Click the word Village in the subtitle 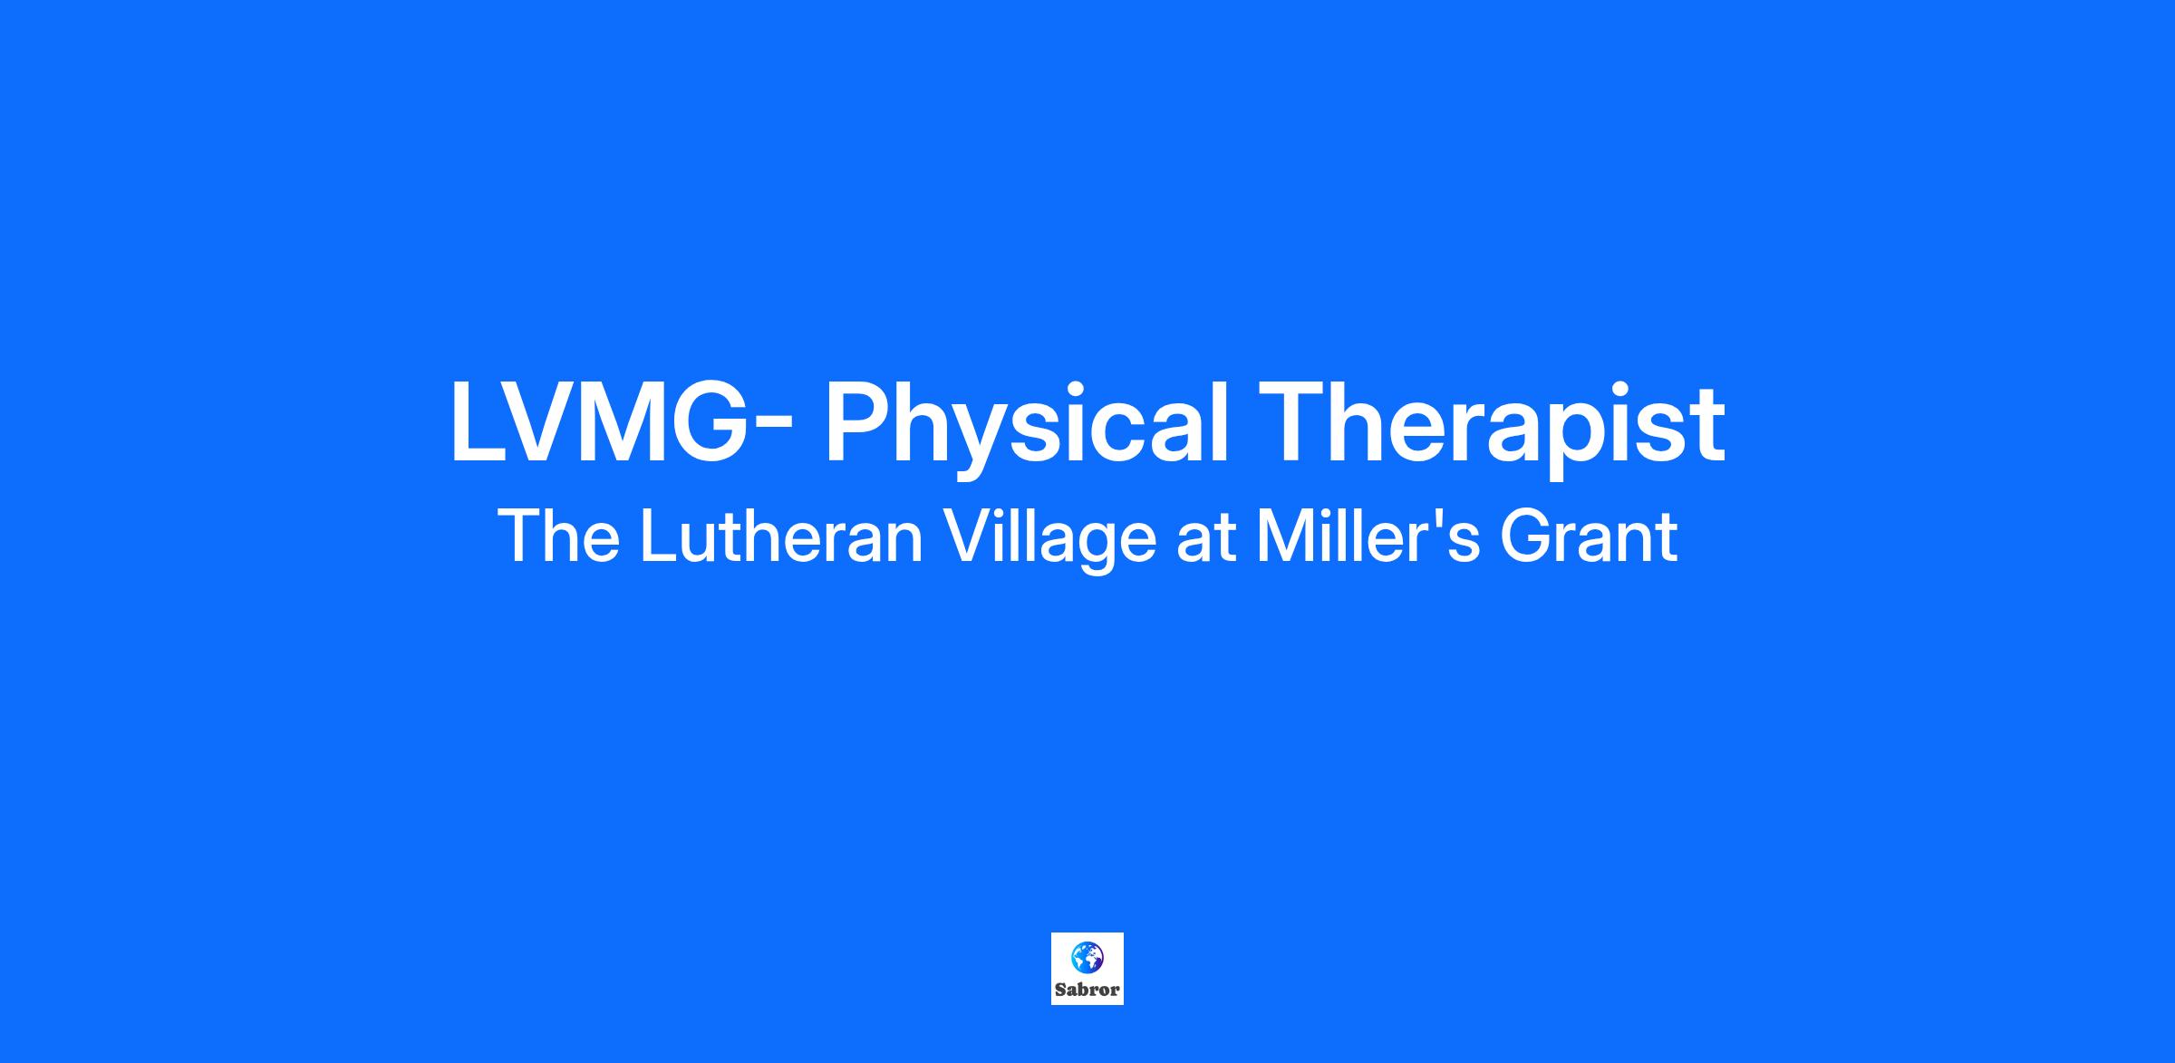pyautogui.click(x=1050, y=542)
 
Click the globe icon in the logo pyautogui.click(x=1087, y=957)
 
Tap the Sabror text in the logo pyautogui.click(x=1087, y=991)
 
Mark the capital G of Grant pyautogui.click(x=1527, y=536)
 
